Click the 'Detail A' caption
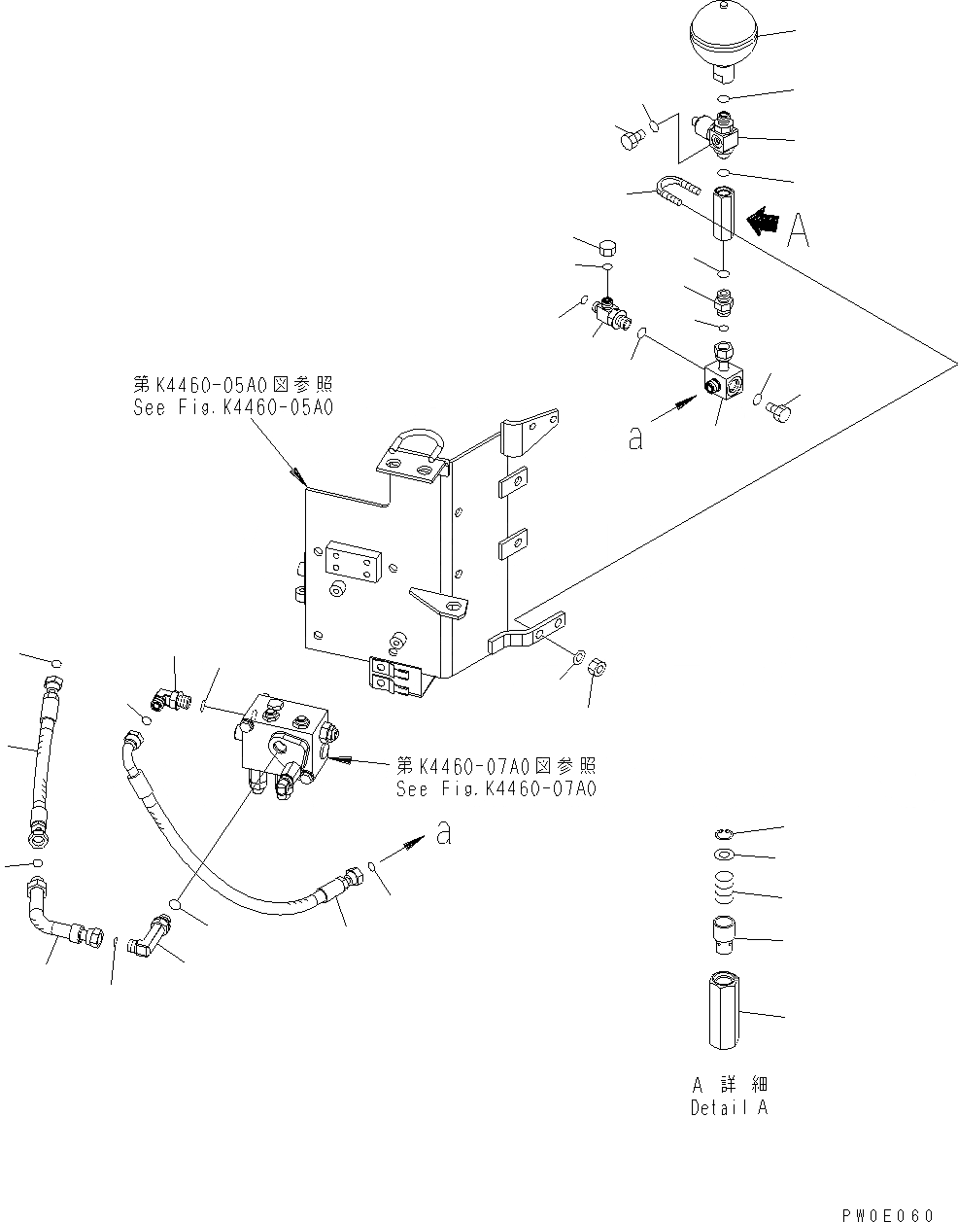coord(729,1107)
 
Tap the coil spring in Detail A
coord(719,887)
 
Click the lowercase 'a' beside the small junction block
coord(635,439)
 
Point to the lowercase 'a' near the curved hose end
coord(443,834)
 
